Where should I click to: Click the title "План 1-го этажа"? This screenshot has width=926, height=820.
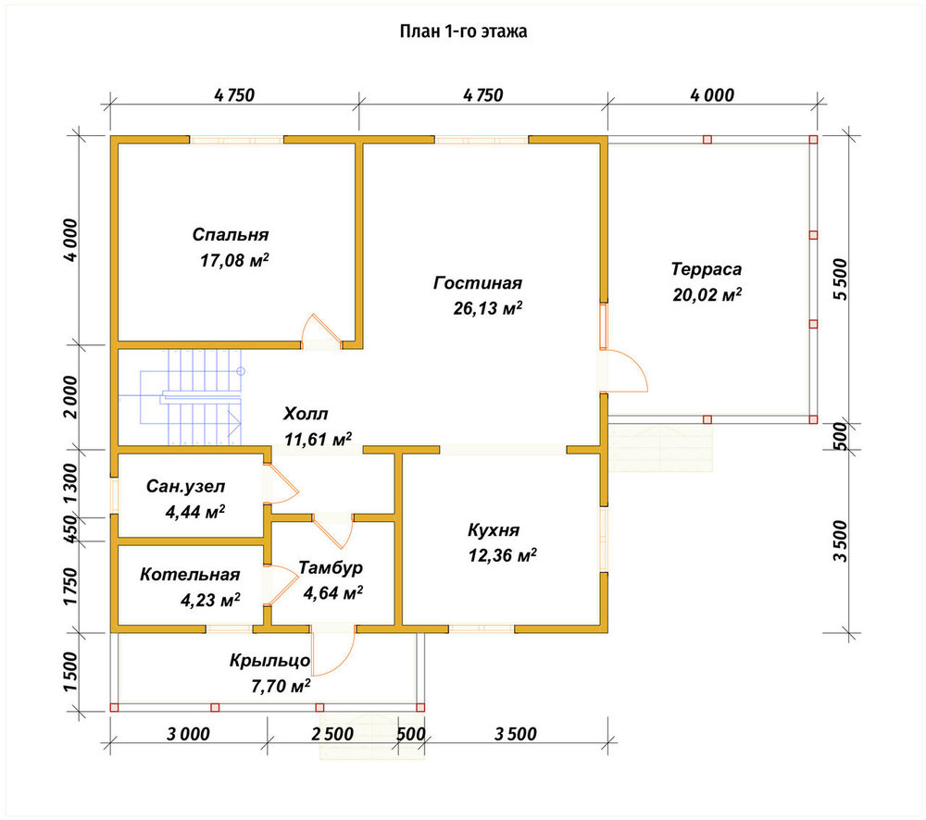(x=463, y=31)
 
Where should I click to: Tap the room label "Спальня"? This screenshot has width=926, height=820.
(x=231, y=234)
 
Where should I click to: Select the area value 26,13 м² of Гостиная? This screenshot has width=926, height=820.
(x=488, y=307)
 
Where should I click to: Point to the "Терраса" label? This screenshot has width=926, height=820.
(x=707, y=269)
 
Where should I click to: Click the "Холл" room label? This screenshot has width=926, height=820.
(x=306, y=414)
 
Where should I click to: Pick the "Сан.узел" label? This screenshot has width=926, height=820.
(x=185, y=487)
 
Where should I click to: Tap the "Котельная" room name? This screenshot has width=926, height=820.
(x=190, y=575)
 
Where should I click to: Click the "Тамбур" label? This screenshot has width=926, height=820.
(x=331, y=567)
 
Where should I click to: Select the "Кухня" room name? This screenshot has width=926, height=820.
(x=494, y=529)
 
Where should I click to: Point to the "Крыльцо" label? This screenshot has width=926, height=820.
(x=269, y=660)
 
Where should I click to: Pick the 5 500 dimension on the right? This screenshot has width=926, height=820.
(x=841, y=280)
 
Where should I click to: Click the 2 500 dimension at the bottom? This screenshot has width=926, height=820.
(x=332, y=734)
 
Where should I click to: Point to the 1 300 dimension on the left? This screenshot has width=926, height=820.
(x=69, y=483)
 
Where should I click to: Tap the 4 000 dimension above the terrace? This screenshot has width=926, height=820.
(x=712, y=95)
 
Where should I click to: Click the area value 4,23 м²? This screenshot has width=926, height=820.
(x=210, y=601)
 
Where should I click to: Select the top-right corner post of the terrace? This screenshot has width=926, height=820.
(x=813, y=140)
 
